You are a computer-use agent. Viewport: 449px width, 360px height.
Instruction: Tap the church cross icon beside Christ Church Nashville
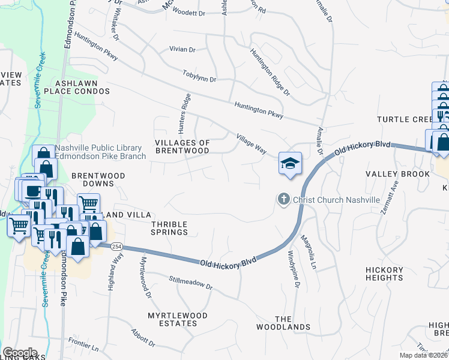282,199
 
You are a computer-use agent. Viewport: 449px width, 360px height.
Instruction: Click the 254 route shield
100,245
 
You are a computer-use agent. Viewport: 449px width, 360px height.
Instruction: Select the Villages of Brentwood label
182,147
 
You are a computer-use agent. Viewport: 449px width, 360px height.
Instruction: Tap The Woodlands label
292,323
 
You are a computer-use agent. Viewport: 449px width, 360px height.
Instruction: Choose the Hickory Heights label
384,274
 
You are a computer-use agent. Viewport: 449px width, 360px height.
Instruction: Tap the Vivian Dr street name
183,50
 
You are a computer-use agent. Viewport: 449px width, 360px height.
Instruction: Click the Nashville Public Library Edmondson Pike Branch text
101,152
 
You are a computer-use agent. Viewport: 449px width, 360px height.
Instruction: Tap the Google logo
19,352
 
